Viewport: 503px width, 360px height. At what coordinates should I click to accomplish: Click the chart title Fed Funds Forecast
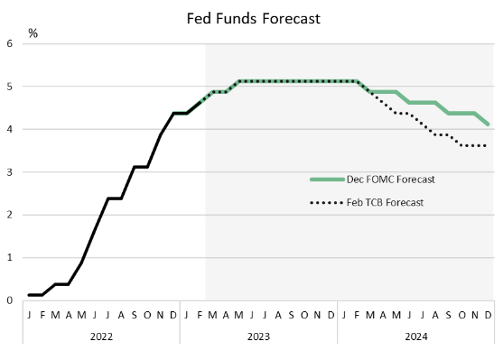(254, 19)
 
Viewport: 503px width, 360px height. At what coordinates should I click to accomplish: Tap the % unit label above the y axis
(33, 33)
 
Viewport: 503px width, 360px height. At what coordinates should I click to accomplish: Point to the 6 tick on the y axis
(10, 43)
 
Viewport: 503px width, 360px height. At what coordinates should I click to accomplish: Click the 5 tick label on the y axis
(10, 87)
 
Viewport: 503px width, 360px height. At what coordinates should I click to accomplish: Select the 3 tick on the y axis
(10, 172)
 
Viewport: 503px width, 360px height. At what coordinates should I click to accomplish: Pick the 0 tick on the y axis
(10, 300)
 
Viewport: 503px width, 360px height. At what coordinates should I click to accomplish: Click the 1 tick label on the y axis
(10, 257)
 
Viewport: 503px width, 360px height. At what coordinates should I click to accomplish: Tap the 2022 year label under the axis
(101, 337)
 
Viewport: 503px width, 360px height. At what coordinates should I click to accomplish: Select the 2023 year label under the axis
(258, 337)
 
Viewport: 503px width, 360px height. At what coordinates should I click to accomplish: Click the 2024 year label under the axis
(416, 337)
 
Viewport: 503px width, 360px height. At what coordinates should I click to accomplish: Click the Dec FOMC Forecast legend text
(391, 180)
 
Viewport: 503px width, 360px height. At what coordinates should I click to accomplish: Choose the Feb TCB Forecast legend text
(385, 203)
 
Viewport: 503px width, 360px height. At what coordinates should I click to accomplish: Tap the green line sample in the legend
(327, 180)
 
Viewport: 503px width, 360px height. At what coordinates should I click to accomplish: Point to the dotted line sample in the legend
(327, 203)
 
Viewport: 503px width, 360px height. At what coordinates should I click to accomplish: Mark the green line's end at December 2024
(488, 125)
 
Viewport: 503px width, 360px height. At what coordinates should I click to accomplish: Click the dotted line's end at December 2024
(486, 146)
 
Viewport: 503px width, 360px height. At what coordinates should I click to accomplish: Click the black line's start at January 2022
(29, 295)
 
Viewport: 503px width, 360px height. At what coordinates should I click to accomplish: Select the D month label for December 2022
(173, 315)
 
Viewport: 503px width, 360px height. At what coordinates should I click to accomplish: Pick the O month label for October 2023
(304, 315)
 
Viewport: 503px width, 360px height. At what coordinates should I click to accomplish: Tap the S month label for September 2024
(449, 315)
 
